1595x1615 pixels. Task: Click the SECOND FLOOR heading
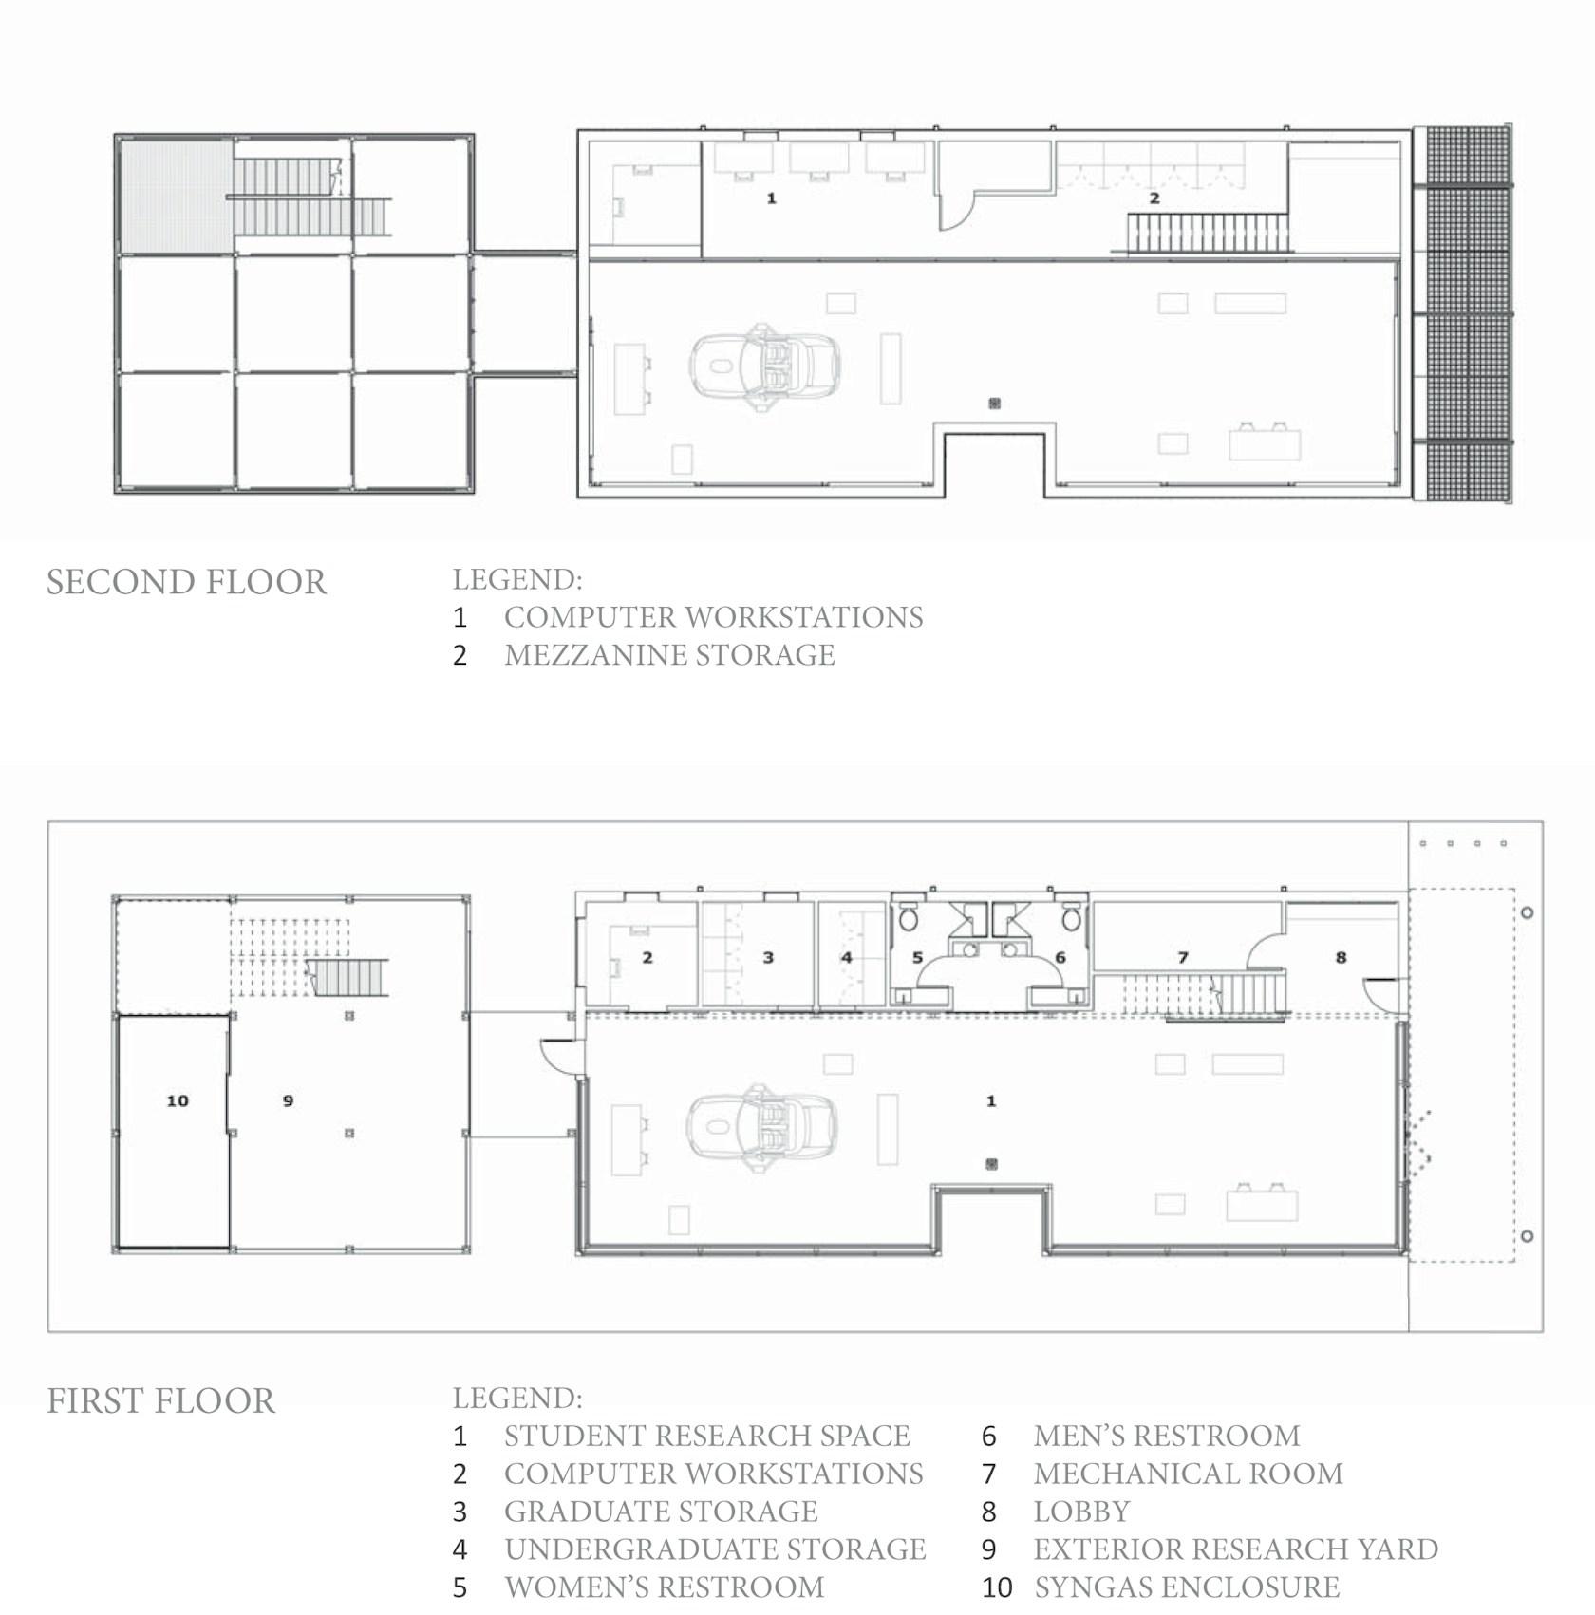[187, 582]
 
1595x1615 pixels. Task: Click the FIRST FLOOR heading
[161, 1401]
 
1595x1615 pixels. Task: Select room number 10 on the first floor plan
[178, 1100]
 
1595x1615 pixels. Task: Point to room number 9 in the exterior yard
[288, 1100]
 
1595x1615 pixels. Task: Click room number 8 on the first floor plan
[1341, 957]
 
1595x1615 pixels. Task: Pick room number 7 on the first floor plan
[1183, 957]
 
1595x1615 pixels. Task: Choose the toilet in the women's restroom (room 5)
[910, 915]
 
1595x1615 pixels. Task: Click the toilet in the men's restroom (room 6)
[1072, 915]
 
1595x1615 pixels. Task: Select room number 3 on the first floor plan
[768, 957]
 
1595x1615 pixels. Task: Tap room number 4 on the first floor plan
[846, 957]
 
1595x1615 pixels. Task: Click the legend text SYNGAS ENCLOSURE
[1187, 1587]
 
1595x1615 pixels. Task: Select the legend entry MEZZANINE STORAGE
[669, 655]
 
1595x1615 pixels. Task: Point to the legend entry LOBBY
[1081, 1511]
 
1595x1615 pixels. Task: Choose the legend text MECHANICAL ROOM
[1188, 1473]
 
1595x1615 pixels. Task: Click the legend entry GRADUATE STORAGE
[661, 1511]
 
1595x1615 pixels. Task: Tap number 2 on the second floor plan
[1154, 198]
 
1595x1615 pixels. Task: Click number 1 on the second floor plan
[771, 198]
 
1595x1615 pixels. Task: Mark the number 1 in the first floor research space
[991, 1100]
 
